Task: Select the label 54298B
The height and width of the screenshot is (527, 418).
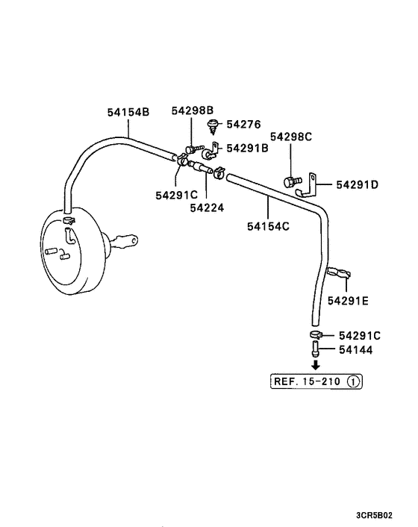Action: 192,110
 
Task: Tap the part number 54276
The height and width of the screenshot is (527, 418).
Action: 244,124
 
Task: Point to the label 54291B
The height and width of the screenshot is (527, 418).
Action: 247,148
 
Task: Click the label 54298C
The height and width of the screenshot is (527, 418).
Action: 291,137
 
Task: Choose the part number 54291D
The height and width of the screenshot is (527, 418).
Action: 357,184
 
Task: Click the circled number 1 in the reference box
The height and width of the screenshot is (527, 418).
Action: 354,381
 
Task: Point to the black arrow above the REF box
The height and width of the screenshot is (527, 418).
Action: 316,365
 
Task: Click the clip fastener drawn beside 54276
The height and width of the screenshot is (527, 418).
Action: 215,124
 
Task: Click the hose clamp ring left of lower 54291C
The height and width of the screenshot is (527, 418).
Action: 315,335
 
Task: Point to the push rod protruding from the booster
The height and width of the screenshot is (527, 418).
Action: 125,240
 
